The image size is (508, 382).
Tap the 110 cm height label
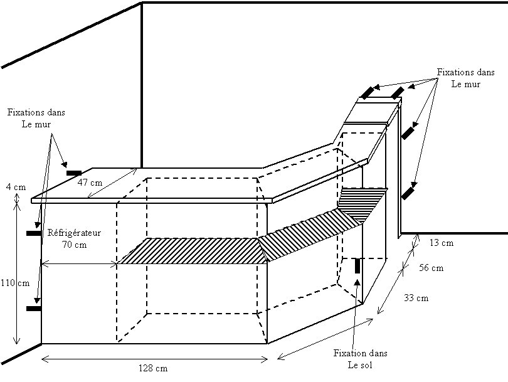(14, 283)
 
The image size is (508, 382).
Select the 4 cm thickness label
(14, 187)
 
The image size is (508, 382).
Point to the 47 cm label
(90, 183)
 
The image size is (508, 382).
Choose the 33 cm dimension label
(416, 298)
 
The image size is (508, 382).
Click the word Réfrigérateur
(75, 233)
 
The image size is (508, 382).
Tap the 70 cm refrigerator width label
(75, 245)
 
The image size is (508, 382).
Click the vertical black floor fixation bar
(358, 266)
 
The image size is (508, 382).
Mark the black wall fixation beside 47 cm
(74, 172)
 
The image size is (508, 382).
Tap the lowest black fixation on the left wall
(33, 309)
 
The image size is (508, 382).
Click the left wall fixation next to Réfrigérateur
(33, 233)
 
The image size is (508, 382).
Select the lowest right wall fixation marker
(408, 192)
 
